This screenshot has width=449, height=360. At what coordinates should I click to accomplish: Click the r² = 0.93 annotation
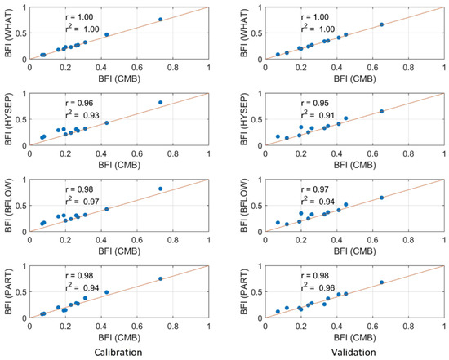pos(85,115)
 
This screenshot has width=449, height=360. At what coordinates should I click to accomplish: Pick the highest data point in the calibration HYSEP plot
pos(160,103)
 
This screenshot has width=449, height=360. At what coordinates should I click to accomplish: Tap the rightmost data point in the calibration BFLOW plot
pos(160,189)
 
